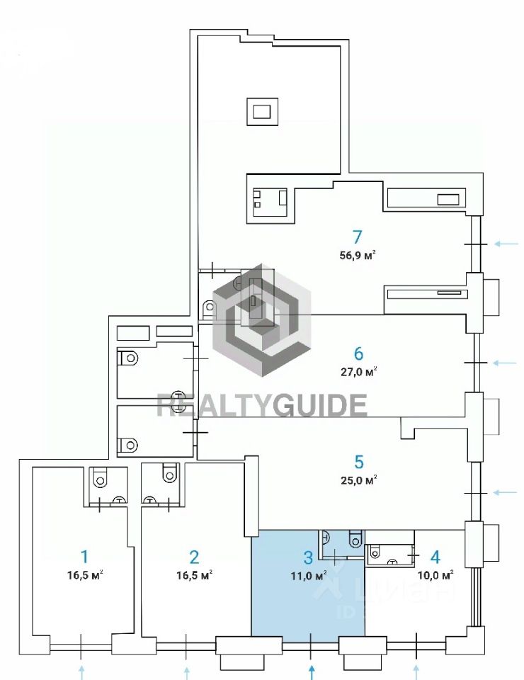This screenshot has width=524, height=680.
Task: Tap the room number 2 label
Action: point(194,556)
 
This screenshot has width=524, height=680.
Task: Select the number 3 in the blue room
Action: point(309,556)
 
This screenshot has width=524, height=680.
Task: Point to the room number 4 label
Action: point(435,556)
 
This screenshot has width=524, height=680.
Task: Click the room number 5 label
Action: point(358,461)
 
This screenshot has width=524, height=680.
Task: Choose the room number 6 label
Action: point(358,353)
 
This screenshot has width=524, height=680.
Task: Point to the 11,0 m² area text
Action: point(309,575)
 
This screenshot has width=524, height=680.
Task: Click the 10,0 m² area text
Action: point(435,575)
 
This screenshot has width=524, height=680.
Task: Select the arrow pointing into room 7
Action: point(506,244)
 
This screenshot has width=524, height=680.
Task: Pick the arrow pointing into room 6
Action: point(506,363)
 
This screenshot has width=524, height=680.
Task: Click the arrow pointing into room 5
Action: point(506,492)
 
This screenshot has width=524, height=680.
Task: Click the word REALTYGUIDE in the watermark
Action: point(261,405)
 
